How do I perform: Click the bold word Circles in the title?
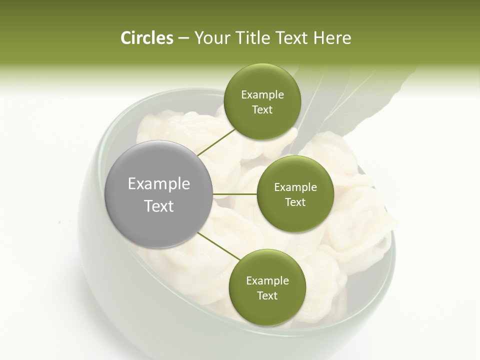[146, 38]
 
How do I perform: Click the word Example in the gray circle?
[159, 184]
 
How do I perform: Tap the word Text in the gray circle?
[159, 206]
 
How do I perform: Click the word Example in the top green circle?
[262, 95]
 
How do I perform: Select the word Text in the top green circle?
[262, 110]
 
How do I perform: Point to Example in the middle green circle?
[295, 187]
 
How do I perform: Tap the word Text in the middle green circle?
[295, 202]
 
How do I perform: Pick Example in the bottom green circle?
[267, 281]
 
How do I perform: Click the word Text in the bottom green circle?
[267, 296]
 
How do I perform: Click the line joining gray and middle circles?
[235, 194]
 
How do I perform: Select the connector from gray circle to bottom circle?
[219, 246]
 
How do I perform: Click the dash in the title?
[183, 38]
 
